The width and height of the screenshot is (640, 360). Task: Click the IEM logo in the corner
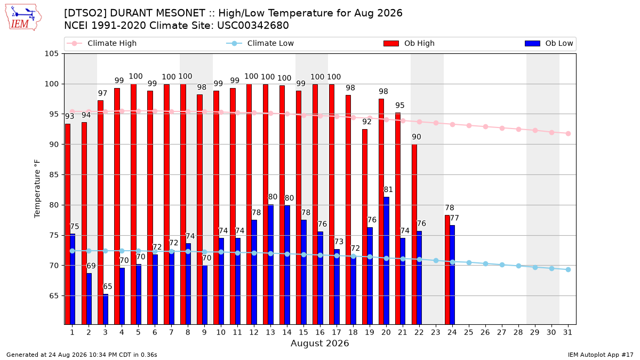pyautogui.click(x=23, y=18)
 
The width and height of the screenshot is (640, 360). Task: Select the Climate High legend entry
pyautogui.click(x=102, y=43)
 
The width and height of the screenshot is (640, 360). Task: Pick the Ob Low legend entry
pyautogui.click(x=549, y=43)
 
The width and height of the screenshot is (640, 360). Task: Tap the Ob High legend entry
pyautogui.click(x=409, y=43)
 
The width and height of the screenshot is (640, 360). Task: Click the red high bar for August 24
pyautogui.click(x=447, y=270)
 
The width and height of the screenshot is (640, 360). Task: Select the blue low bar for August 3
pyautogui.click(x=106, y=309)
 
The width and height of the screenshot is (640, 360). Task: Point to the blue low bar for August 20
pyautogui.click(x=386, y=261)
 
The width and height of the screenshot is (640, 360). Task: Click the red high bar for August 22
pyautogui.click(x=414, y=234)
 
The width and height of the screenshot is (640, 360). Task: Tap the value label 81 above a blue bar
pyautogui.click(x=388, y=189)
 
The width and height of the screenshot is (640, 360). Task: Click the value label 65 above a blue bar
pyautogui.click(x=107, y=286)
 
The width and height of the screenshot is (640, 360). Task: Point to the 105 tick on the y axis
pyautogui.click(x=51, y=54)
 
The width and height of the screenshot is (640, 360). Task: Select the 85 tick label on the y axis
pyautogui.click(x=54, y=174)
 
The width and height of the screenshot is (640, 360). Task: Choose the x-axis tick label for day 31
pyautogui.click(x=567, y=332)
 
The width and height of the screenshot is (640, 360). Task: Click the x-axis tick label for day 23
pyautogui.click(x=435, y=332)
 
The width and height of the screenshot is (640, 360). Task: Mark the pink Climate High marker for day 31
pyautogui.click(x=568, y=133)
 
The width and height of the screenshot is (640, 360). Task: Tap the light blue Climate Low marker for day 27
pyautogui.click(x=502, y=265)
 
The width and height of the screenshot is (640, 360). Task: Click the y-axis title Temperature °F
pyautogui.click(x=37, y=189)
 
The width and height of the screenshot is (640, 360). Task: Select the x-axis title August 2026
pyautogui.click(x=319, y=343)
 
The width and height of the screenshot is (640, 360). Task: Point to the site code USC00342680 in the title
pyautogui.click(x=253, y=26)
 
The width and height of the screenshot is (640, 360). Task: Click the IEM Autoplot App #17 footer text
pyautogui.click(x=601, y=355)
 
